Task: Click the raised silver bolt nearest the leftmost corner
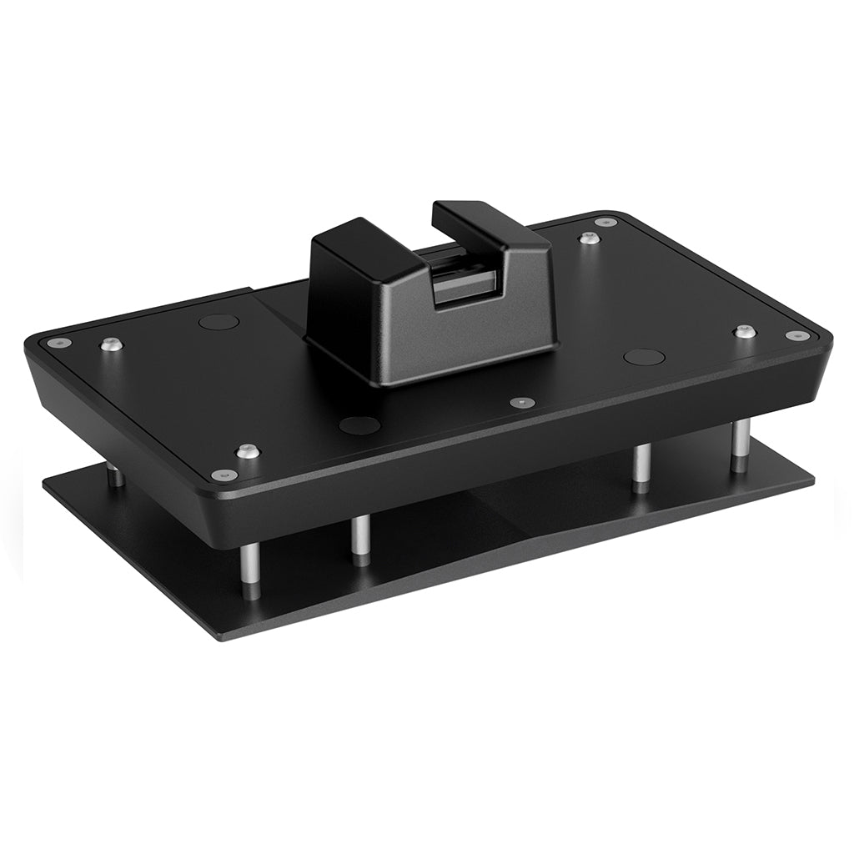112,344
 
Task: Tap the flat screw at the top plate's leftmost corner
58,342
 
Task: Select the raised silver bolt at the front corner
247,451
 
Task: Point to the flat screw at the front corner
224,475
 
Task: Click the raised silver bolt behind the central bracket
590,239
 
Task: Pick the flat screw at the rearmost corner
606,222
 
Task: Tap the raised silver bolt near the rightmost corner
745,331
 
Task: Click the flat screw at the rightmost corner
797,336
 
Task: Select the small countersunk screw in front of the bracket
522,402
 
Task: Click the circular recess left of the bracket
219,321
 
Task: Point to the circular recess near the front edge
359,424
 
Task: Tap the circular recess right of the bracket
644,357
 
